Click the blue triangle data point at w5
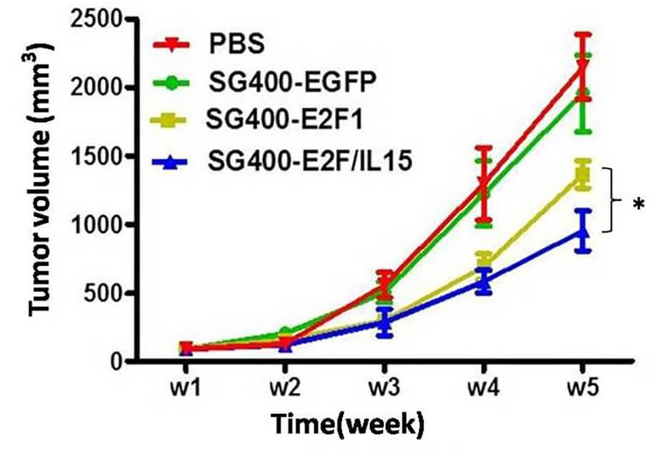click(x=584, y=231)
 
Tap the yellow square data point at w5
click(x=584, y=174)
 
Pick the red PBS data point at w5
click(x=584, y=68)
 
